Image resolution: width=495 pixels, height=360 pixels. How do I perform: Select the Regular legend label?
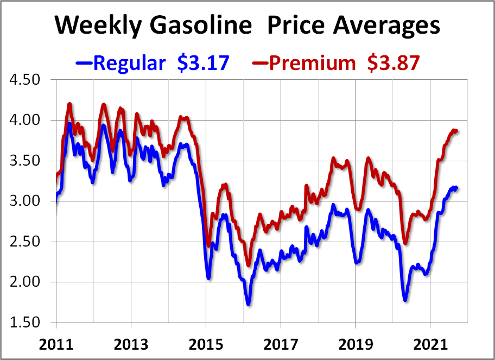(129, 63)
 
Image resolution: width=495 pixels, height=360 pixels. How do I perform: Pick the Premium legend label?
(312, 63)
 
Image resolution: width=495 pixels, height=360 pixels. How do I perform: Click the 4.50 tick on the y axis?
(26, 80)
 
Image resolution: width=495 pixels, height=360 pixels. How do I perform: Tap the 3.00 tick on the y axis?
(26, 201)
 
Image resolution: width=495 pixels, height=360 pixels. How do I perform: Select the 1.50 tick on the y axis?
(26, 323)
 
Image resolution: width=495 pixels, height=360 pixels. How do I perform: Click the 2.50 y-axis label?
(26, 242)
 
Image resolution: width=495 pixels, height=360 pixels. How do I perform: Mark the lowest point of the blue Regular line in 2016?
(248, 304)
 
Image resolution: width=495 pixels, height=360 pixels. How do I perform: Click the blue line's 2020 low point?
(405, 299)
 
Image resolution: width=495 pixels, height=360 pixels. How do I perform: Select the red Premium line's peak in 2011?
(69, 104)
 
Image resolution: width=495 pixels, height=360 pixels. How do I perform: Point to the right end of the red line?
(458, 131)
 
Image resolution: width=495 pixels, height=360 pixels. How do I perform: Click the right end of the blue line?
(458, 188)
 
